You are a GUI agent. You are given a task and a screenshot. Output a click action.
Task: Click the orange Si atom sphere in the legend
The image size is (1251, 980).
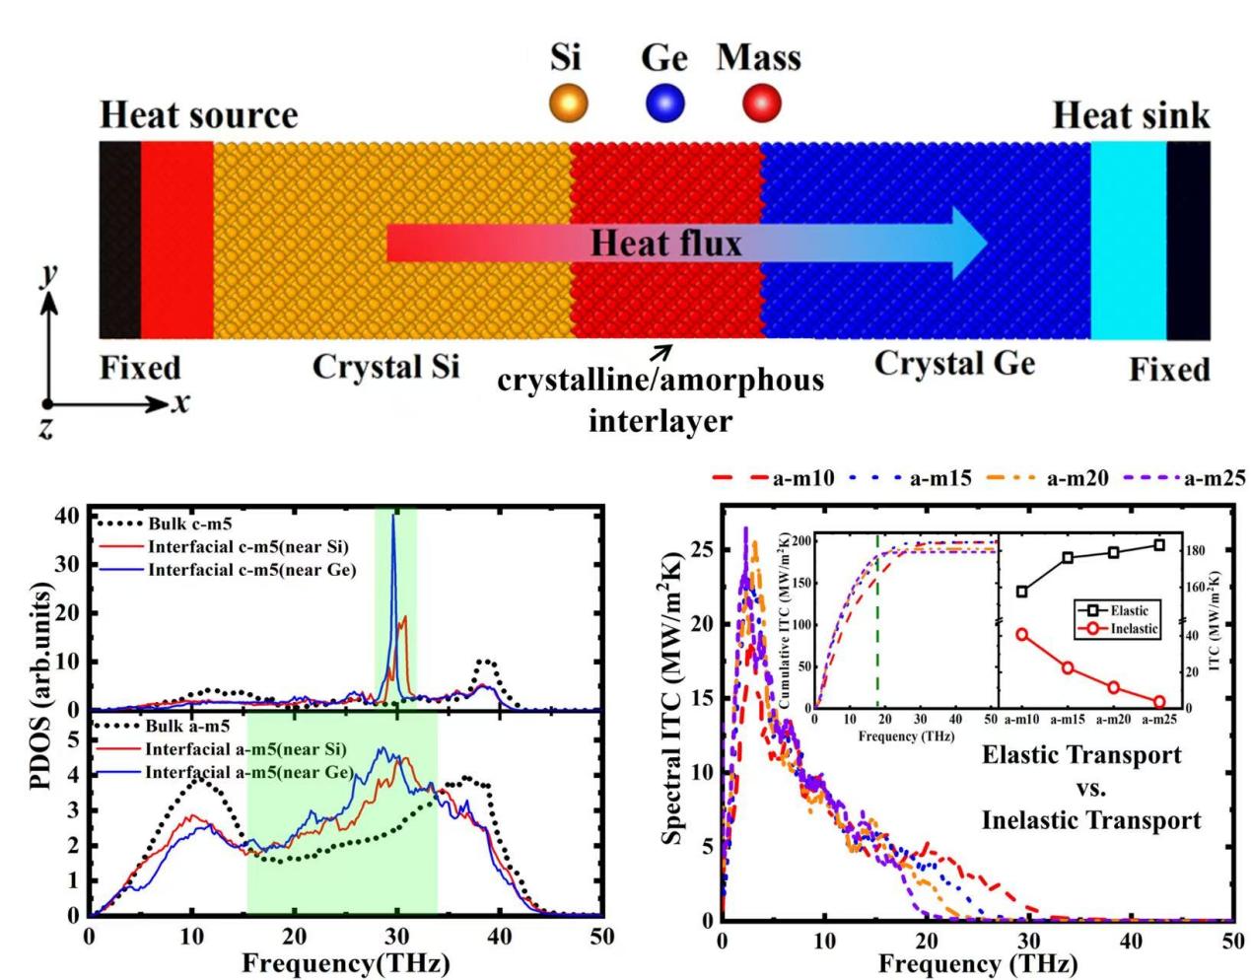pyautogui.click(x=568, y=103)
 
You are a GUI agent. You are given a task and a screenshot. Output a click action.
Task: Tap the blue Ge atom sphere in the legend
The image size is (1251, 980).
pyautogui.click(x=665, y=103)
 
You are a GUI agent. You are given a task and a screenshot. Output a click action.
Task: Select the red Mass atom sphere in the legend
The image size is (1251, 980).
pyautogui.click(x=761, y=102)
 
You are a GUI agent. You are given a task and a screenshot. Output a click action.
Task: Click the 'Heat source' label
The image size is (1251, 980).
pyautogui.click(x=198, y=115)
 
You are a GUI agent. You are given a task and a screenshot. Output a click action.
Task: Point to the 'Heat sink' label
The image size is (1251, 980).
pyautogui.click(x=1131, y=115)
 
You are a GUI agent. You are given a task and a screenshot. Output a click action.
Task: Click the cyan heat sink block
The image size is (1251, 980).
pyautogui.click(x=1128, y=240)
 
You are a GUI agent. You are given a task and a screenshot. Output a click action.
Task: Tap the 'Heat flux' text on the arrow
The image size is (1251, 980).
pyautogui.click(x=665, y=243)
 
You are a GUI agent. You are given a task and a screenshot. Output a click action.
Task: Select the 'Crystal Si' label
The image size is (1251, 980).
pyautogui.click(x=385, y=367)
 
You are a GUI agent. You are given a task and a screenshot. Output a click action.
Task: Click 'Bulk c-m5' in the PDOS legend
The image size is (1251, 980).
pyautogui.click(x=189, y=524)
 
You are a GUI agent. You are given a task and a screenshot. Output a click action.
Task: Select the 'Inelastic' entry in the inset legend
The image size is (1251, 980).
pyautogui.click(x=1134, y=628)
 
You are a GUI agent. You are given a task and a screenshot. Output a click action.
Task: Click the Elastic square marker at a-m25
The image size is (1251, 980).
pyautogui.click(x=1159, y=545)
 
